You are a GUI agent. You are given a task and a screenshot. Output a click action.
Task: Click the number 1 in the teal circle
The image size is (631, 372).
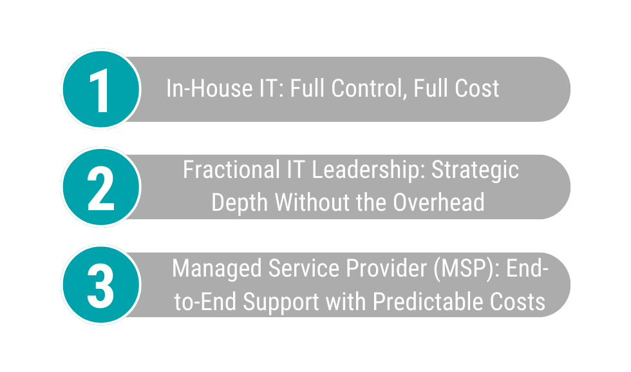coord(99,90)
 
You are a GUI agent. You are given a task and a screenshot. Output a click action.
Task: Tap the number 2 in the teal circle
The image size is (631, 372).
coord(100,188)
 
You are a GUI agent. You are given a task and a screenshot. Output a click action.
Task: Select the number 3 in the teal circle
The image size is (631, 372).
coord(100,286)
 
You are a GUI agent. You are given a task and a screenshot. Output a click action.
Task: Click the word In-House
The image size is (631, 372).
coord(209,88)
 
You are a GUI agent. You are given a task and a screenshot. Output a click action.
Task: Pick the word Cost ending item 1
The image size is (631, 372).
coord(477,88)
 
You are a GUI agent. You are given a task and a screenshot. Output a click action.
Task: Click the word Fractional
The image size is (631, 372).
coord(231,170)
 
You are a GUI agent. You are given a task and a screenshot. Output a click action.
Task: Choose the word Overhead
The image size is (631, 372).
coord(438,202)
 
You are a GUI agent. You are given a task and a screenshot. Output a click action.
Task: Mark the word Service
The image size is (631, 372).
coord(303,268)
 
